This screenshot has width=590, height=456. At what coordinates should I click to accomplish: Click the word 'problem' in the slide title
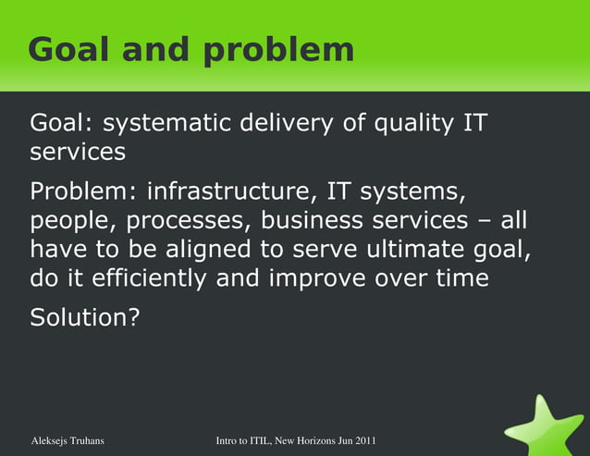(278, 51)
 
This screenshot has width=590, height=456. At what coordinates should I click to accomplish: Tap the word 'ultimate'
(417, 250)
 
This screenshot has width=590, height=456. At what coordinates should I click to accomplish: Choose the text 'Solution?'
(85, 318)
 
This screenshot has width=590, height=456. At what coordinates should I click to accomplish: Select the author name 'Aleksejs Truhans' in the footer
(68, 441)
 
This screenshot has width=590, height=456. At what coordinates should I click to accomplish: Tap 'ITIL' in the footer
(260, 441)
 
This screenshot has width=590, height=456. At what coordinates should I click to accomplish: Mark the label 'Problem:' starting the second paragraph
(84, 192)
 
